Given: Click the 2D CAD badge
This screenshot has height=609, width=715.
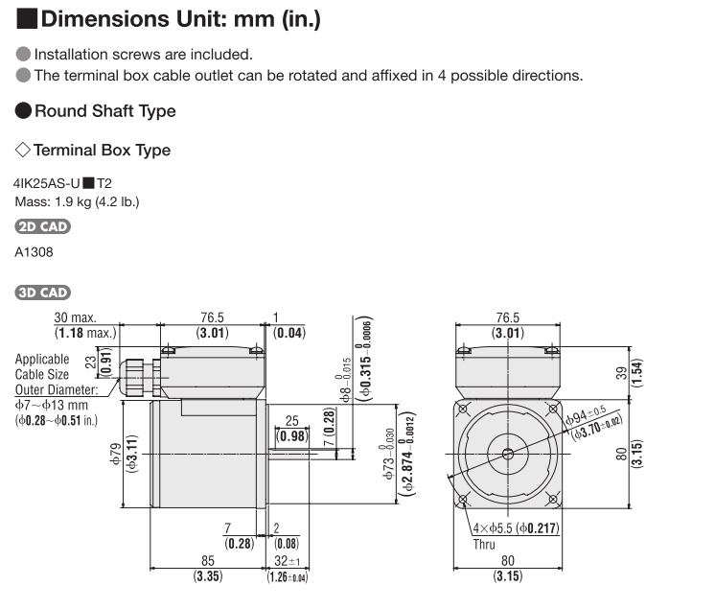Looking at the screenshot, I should click(43, 227).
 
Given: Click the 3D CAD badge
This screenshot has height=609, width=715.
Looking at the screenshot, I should click(43, 292).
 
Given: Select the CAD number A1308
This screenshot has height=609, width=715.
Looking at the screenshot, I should click(35, 252).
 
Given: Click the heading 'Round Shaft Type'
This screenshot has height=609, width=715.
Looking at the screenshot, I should click(104, 111).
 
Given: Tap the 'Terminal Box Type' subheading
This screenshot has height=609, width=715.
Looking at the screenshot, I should click(102, 151).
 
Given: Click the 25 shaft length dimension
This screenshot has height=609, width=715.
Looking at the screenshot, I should click(292, 421).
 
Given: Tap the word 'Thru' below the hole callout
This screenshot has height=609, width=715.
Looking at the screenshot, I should click(484, 544).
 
